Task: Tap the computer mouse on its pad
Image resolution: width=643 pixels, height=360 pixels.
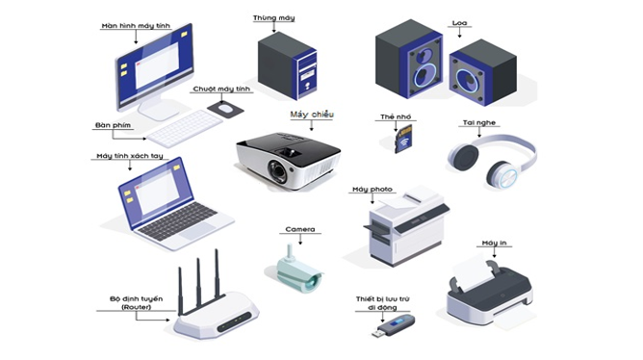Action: [225, 110]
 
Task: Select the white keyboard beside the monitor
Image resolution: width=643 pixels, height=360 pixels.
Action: [187, 127]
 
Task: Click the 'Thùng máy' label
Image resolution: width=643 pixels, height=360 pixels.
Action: [273, 18]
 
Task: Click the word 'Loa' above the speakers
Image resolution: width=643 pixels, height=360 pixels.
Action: [460, 21]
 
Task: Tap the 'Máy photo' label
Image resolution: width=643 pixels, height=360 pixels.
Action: [373, 189]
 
